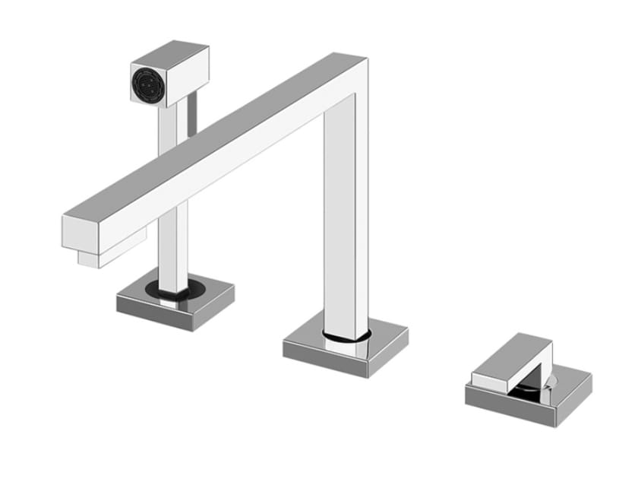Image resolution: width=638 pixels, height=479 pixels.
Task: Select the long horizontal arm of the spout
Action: (x=213, y=144)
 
